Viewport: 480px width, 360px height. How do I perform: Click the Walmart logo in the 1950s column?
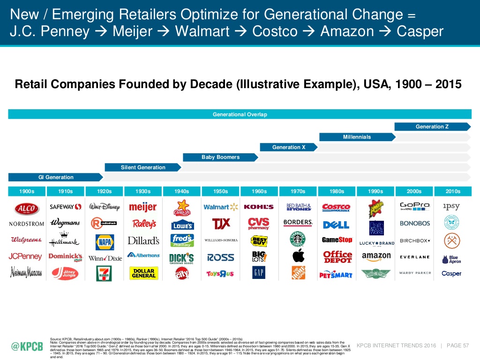220,207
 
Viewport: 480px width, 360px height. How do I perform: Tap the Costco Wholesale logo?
337,207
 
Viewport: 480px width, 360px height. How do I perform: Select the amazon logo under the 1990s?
376,256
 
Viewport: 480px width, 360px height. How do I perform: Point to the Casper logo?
451,273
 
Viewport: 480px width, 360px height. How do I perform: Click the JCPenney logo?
25,256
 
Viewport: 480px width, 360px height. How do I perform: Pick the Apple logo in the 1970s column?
298,256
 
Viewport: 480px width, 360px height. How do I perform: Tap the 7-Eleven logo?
104,273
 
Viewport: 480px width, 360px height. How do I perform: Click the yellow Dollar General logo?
143,273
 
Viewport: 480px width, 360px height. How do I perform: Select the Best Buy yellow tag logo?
259,241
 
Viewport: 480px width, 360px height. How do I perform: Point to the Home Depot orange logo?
298,273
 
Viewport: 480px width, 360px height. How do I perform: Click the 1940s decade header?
181,191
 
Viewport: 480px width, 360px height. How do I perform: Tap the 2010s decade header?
452,191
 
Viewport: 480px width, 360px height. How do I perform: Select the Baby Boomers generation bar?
220,157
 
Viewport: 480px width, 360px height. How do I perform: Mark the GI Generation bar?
55,177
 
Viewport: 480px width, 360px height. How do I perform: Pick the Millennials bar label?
357,137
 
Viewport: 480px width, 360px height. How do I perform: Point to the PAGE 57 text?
458,346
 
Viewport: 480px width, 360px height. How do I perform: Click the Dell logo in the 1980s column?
337,225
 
